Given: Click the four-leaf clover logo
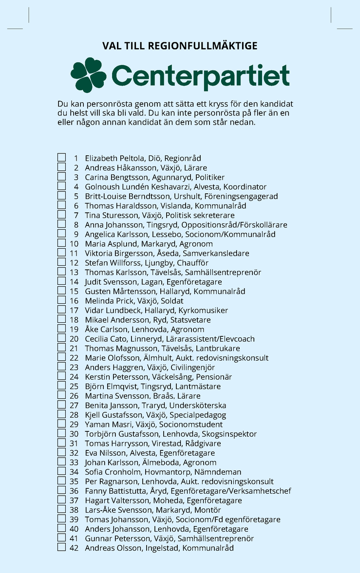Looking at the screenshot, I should (x=88, y=75).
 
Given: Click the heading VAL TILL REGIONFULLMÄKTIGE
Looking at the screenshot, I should (x=180, y=46).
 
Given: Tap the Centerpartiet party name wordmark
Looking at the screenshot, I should (x=200, y=76).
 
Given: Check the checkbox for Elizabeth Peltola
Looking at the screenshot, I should (x=62, y=158).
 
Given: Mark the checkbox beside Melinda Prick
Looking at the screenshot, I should (x=62, y=300).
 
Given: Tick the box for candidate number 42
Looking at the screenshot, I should (x=62, y=548).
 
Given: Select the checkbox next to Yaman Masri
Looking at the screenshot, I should (x=62, y=424).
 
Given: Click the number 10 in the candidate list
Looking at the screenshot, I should (x=74, y=244).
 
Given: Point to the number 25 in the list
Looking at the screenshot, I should (x=74, y=387).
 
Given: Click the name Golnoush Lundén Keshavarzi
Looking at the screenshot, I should (x=137, y=187).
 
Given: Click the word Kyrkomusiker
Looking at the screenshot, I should (x=203, y=311).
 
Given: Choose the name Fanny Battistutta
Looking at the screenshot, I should (x=115, y=491).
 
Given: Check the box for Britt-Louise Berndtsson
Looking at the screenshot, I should (x=62, y=196).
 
